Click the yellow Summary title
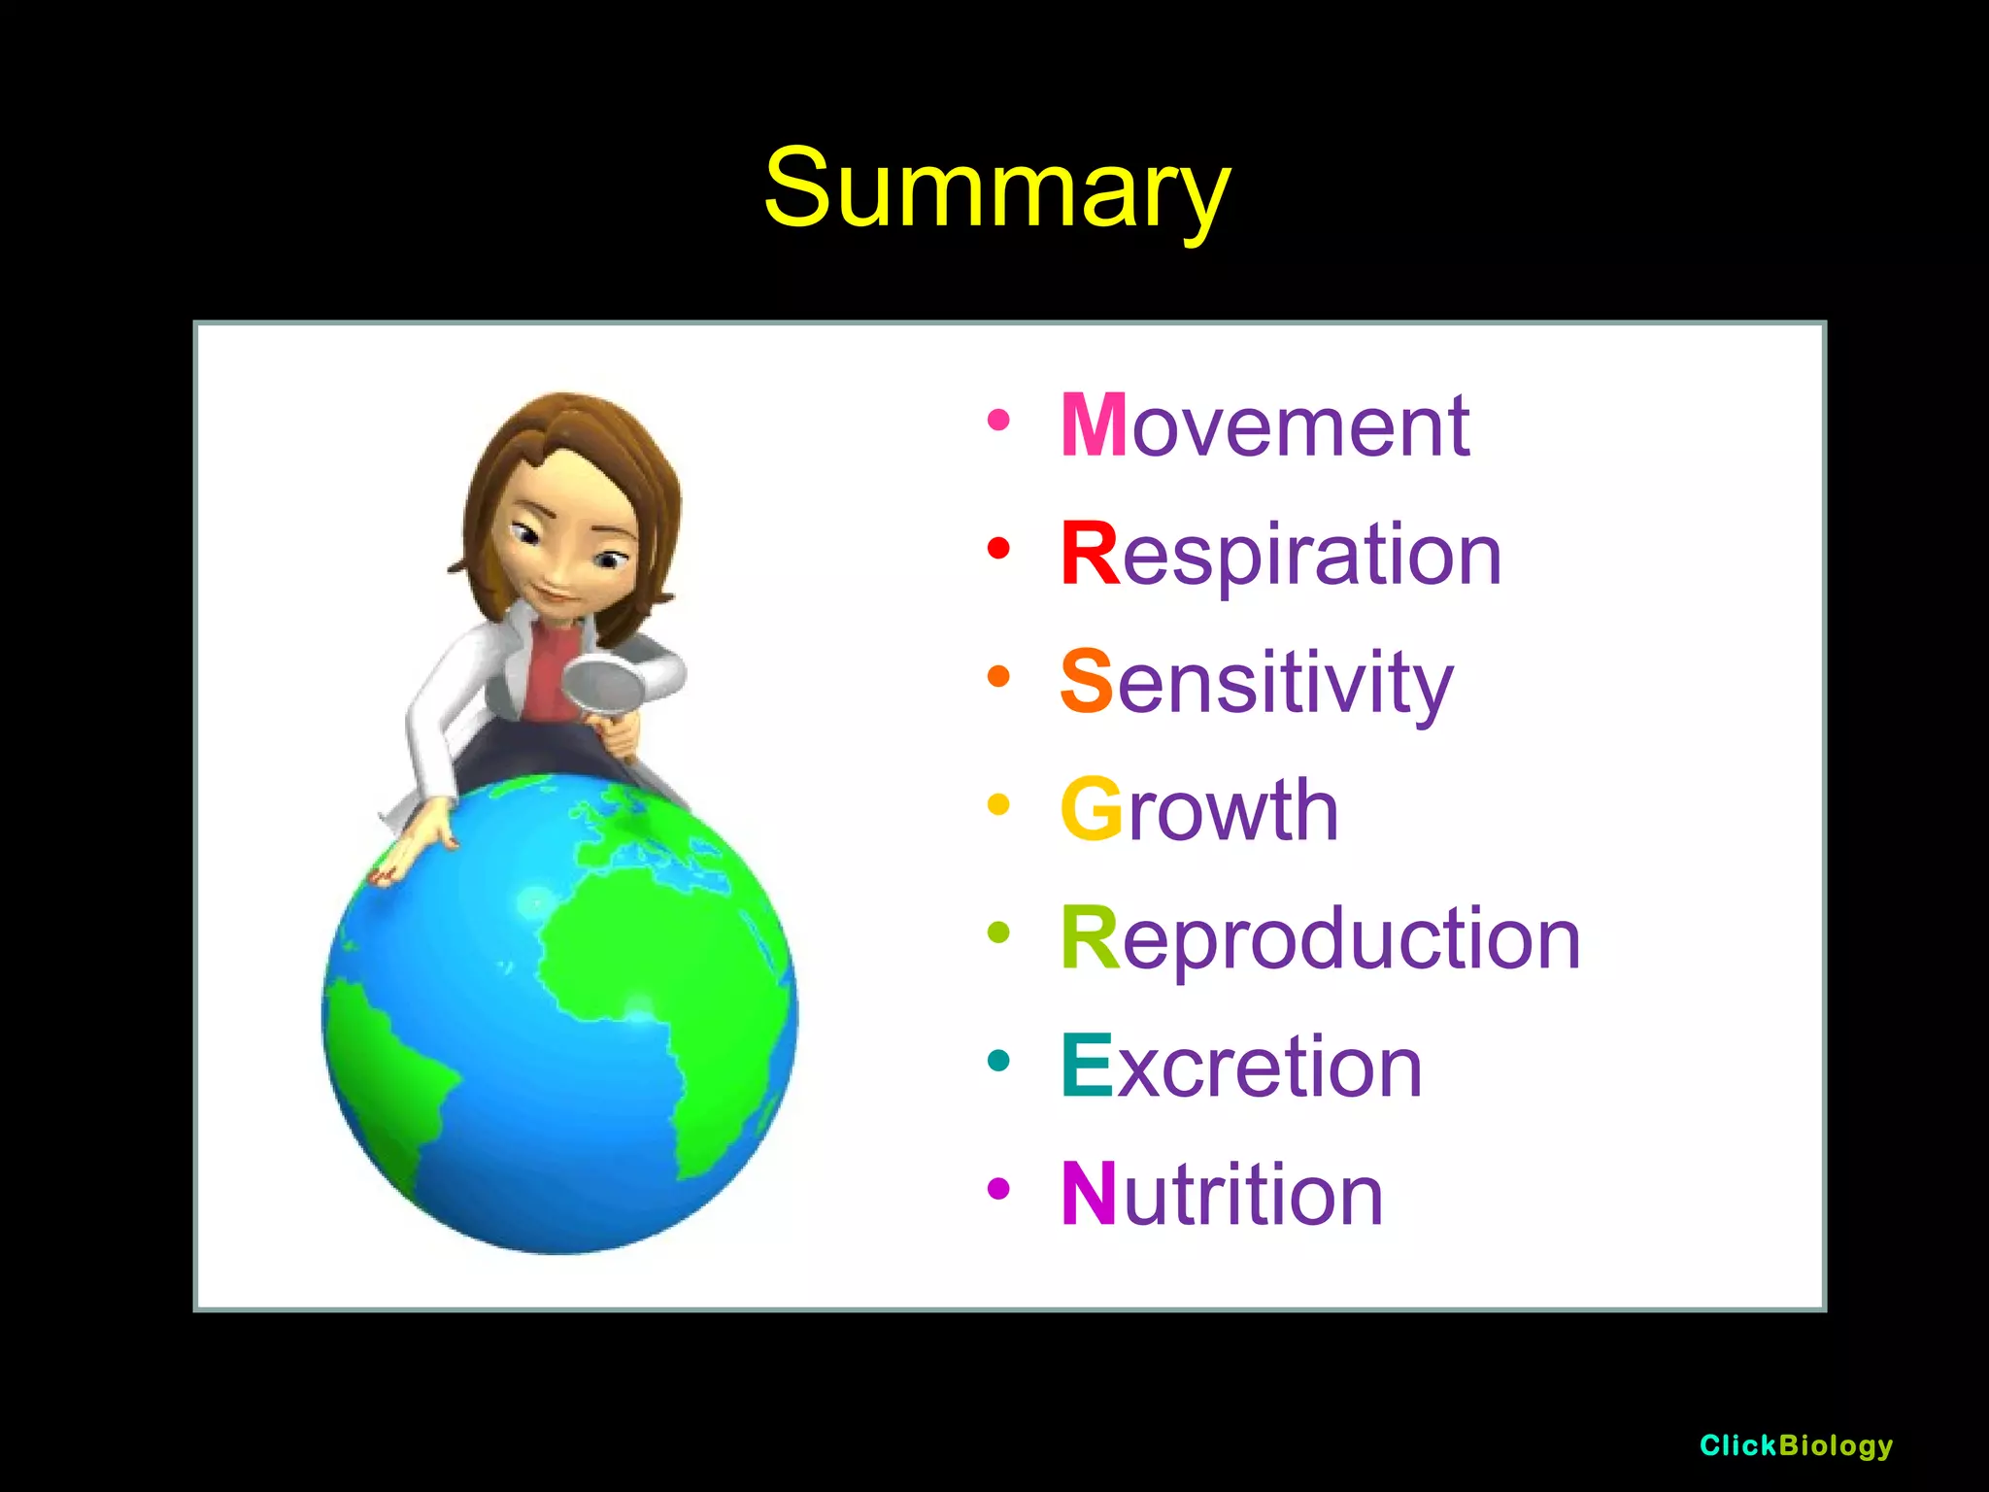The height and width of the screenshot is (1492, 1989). (996, 189)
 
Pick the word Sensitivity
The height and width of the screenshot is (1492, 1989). (1257, 682)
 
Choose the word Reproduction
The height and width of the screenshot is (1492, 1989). (1320, 938)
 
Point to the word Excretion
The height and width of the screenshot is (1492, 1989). (1241, 1067)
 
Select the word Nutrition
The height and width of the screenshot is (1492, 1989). (1222, 1195)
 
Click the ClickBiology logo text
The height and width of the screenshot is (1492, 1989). (1796, 1445)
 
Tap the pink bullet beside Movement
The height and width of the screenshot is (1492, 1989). (998, 421)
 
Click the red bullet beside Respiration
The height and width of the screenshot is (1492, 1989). (998, 549)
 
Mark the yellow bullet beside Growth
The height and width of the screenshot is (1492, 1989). (998, 804)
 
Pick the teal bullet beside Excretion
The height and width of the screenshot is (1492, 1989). (998, 1061)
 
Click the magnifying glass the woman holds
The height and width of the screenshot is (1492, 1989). (604, 685)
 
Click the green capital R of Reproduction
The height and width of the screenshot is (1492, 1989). (1090, 938)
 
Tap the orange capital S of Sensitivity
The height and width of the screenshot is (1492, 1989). (1086, 682)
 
